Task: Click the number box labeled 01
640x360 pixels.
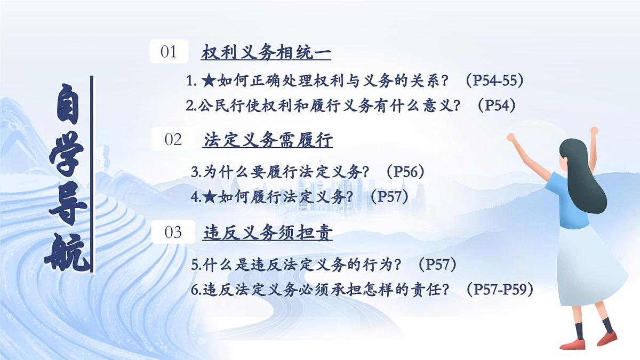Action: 169,52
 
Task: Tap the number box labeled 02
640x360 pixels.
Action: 173,140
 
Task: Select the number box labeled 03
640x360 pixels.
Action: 173,233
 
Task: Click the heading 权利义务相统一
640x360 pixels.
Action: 266,53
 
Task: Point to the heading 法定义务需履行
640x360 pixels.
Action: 268,140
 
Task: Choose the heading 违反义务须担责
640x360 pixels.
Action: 268,233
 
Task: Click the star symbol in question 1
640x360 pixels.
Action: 209,81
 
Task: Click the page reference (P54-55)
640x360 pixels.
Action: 494,81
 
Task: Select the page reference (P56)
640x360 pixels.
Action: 405,172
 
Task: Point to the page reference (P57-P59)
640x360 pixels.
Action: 500,290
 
